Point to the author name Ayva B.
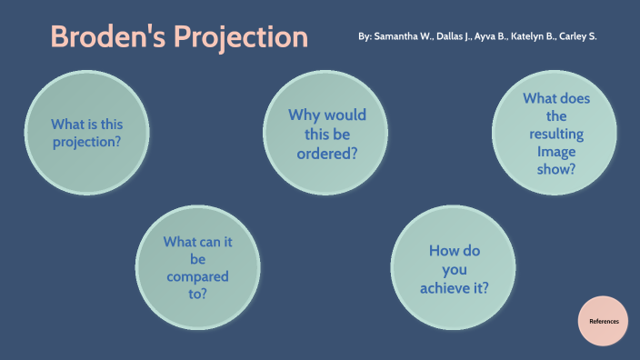(x=495, y=37)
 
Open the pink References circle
(x=604, y=321)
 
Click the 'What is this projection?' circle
(x=86, y=134)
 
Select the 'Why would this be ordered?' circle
(x=326, y=134)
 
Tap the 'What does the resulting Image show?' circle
(x=555, y=134)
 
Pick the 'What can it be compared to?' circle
(x=197, y=267)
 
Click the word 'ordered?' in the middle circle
(x=327, y=154)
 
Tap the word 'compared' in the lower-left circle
(x=197, y=276)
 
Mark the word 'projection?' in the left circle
(x=86, y=143)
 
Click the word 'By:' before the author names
(x=365, y=37)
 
